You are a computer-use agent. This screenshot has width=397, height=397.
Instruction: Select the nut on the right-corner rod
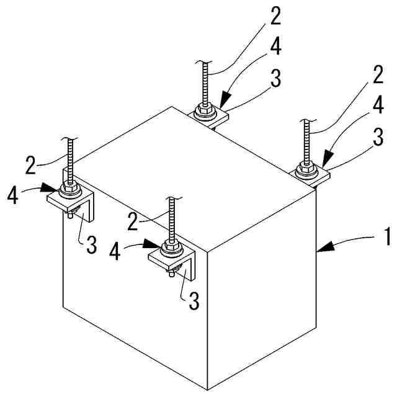(306, 167)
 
